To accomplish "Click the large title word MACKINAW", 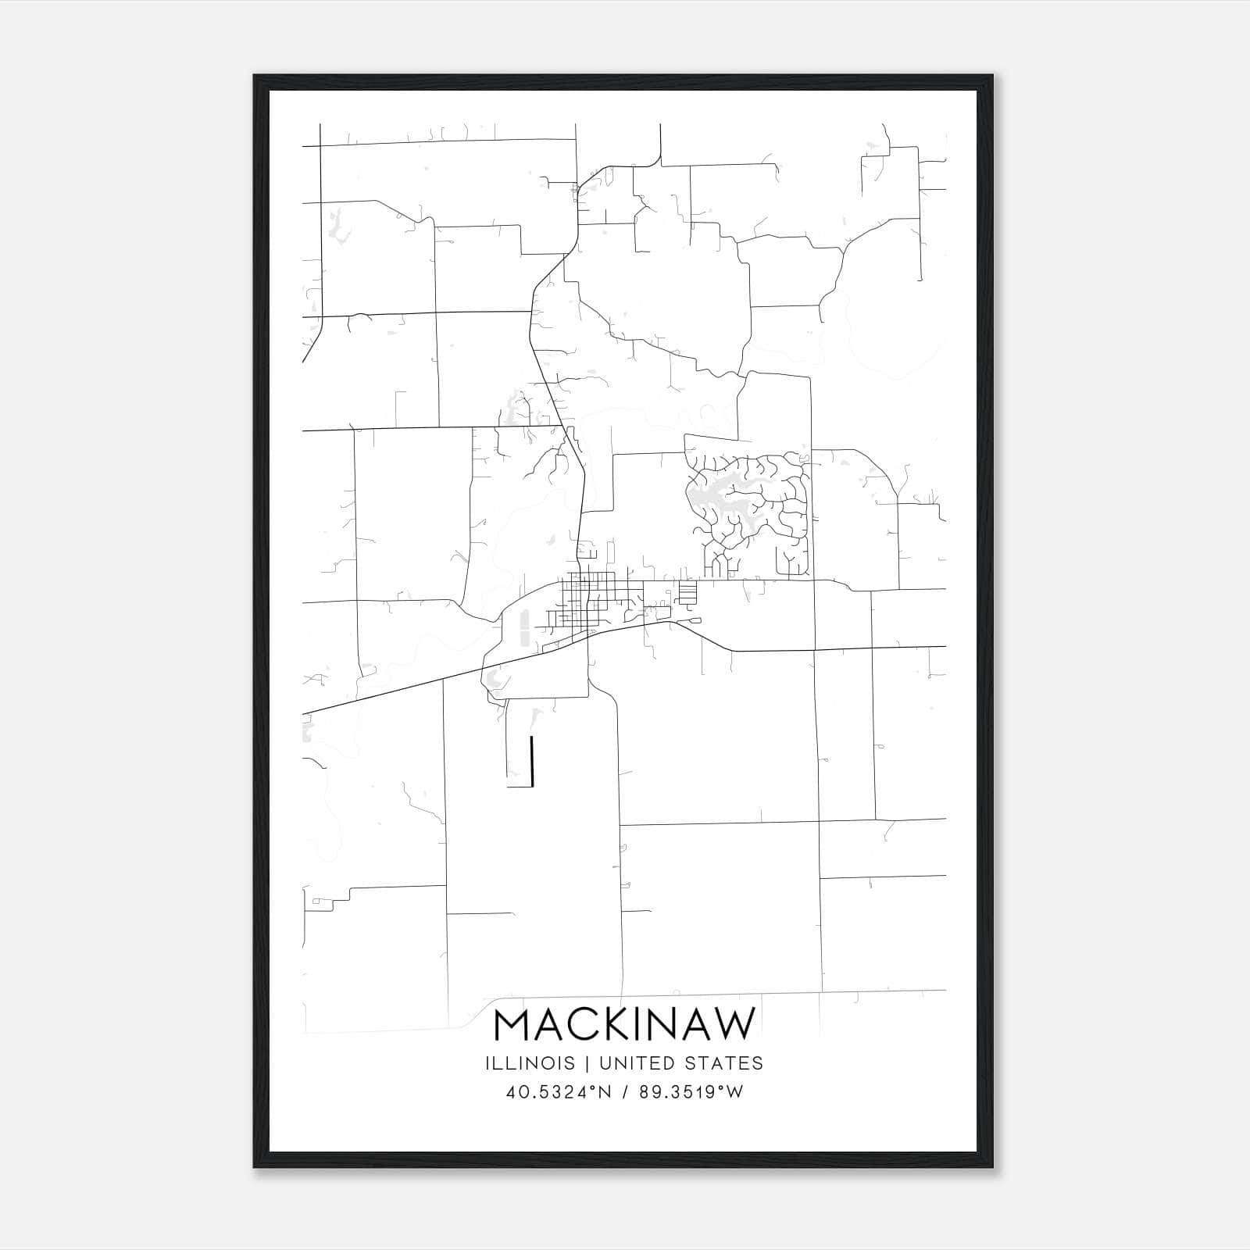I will pyautogui.click(x=625, y=1024).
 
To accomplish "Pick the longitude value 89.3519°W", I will pyautogui.click(x=691, y=1092).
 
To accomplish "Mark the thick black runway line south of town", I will pyautogui.click(x=532, y=760).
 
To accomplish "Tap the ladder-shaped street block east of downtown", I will pyautogui.click(x=687, y=593).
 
